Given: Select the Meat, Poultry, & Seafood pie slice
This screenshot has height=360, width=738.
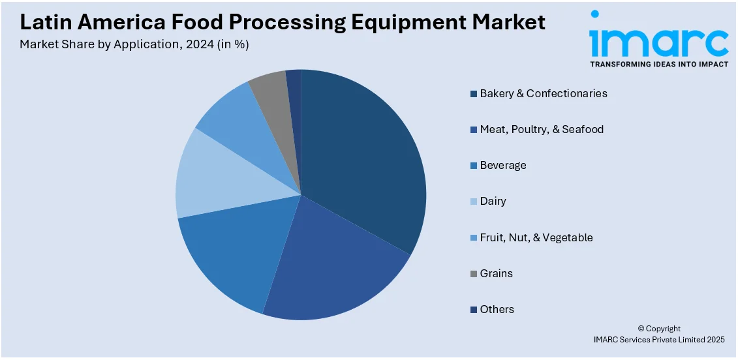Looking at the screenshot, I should pyautogui.click(x=333, y=267).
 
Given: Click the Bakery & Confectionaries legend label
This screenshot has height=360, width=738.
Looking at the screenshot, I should pyautogui.click(x=544, y=93).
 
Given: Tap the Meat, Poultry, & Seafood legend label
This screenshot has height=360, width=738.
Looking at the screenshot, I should pyautogui.click(x=542, y=129).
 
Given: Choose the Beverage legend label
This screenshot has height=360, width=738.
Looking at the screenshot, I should pyautogui.click(x=502, y=165).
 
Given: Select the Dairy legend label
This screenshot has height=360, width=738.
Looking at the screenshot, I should pyautogui.click(x=493, y=201).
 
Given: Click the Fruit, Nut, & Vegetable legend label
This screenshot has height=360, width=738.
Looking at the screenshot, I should pyautogui.click(x=536, y=237).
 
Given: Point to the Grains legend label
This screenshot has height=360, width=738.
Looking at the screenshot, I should pyautogui.click(x=496, y=273).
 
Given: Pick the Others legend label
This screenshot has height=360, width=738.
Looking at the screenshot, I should pyautogui.click(x=497, y=309).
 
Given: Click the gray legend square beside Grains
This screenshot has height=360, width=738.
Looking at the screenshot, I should pyautogui.click(x=473, y=274).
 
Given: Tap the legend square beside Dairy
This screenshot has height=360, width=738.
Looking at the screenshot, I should pyautogui.click(x=473, y=202).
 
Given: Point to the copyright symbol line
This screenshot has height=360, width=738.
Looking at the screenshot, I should pyautogui.click(x=659, y=329).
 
